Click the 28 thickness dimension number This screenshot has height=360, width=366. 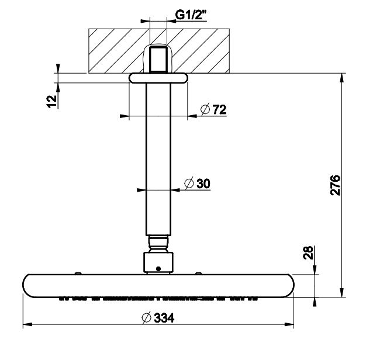point(309,253)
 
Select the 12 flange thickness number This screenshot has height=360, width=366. point(53,100)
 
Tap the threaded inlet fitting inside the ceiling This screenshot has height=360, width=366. point(158,59)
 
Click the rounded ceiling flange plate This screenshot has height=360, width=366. point(158,78)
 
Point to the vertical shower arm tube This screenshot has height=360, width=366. point(158,158)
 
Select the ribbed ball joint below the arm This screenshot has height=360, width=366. point(158,244)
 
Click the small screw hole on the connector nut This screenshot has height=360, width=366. point(158,269)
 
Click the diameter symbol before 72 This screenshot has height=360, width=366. point(205,109)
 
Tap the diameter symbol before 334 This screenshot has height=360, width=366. point(147,317)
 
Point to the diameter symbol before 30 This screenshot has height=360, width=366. point(189,183)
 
